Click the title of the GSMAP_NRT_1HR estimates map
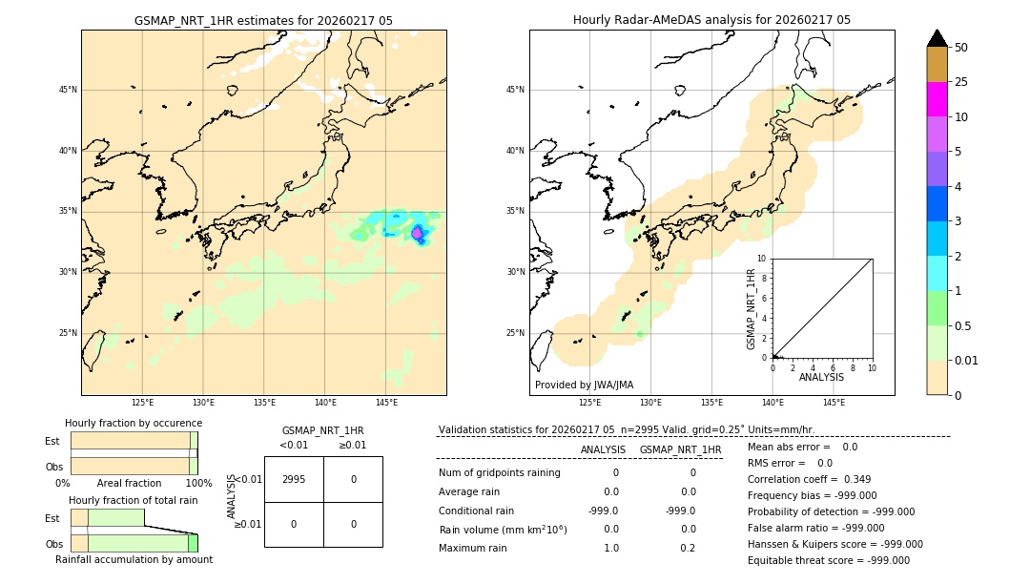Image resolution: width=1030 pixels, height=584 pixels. click(x=263, y=20)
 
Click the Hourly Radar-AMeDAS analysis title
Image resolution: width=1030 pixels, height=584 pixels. click(x=711, y=20)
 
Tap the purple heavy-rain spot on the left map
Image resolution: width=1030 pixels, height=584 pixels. click(x=417, y=233)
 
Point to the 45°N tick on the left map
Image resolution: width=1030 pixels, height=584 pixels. click(x=68, y=90)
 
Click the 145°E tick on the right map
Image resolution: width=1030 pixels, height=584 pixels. click(x=834, y=403)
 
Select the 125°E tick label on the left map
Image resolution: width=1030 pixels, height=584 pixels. click(x=142, y=403)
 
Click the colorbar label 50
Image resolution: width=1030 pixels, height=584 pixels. click(x=961, y=48)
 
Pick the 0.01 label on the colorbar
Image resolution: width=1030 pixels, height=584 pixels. click(x=967, y=360)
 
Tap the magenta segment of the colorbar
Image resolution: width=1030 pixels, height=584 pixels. click(x=937, y=99)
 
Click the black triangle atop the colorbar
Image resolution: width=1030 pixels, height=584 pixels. click(x=937, y=38)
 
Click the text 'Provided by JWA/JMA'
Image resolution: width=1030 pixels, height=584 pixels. click(x=584, y=385)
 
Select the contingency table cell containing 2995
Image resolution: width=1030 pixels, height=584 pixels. click(x=294, y=479)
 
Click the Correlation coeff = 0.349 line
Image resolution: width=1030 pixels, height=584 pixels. click(x=809, y=479)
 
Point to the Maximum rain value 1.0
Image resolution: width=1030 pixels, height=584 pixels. click(x=610, y=548)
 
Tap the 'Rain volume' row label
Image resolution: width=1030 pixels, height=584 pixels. click(x=503, y=530)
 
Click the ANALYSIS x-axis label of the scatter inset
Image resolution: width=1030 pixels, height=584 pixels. click(x=821, y=377)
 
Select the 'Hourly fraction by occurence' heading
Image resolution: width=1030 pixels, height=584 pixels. click(x=134, y=423)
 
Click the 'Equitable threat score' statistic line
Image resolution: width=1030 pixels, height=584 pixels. click(x=828, y=560)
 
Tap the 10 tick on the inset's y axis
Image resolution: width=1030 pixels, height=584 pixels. click(x=762, y=258)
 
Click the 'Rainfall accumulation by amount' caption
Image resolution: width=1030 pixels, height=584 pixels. click(x=134, y=559)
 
